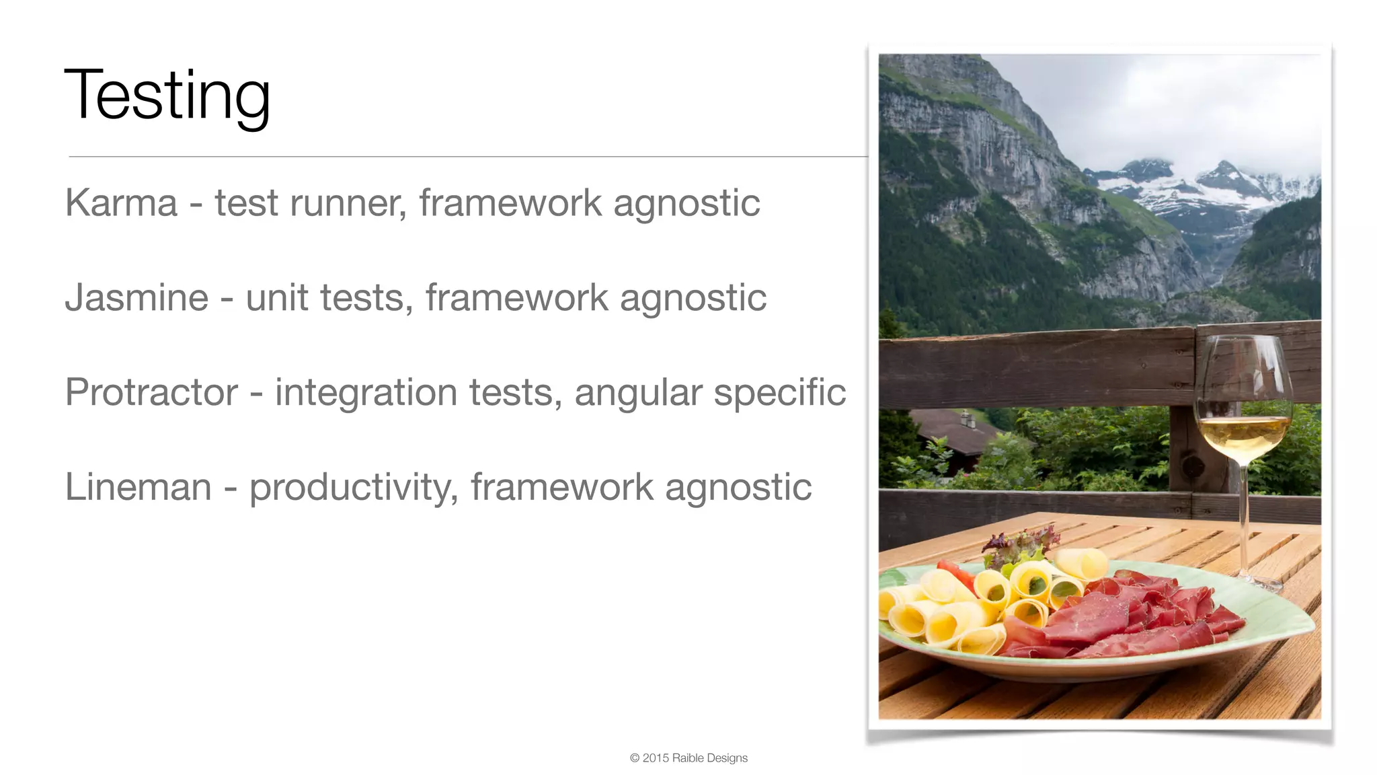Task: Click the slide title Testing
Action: (x=167, y=96)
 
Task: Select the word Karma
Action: (x=121, y=202)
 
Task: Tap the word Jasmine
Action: (x=136, y=297)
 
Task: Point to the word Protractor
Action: (x=151, y=392)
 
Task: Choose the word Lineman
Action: (x=138, y=487)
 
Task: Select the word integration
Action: (x=366, y=394)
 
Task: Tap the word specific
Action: (x=779, y=394)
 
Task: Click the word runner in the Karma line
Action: (x=348, y=204)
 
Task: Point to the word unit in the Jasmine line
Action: (x=276, y=297)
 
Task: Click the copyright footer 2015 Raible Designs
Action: (x=688, y=758)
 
